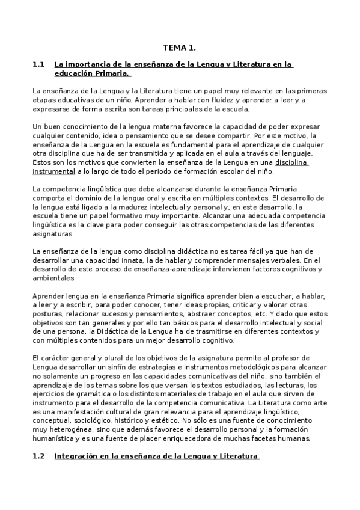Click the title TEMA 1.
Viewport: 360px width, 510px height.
click(x=180, y=47)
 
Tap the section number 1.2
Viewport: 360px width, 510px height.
click(x=39, y=457)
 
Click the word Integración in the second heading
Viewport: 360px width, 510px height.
click(x=76, y=457)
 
